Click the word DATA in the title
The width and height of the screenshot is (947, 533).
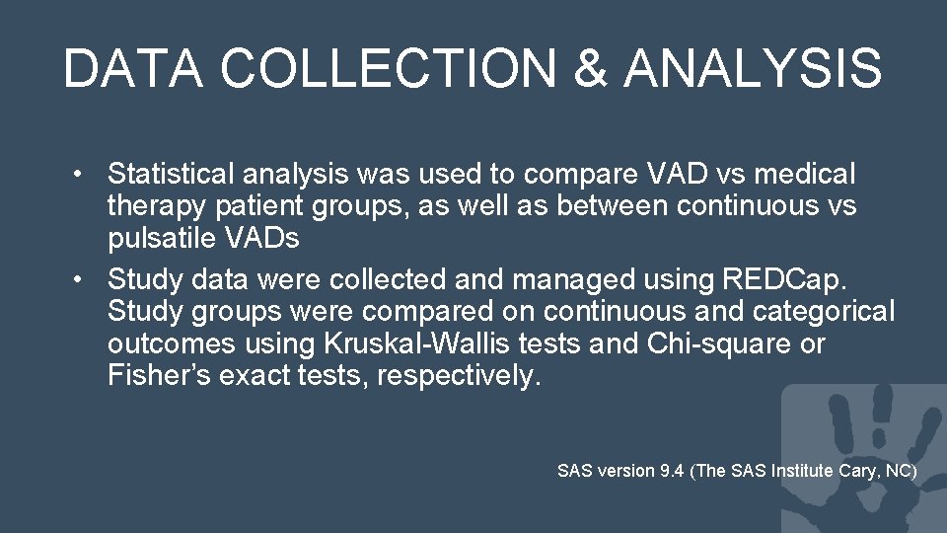point(135,69)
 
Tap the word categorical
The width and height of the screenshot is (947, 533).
point(823,312)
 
